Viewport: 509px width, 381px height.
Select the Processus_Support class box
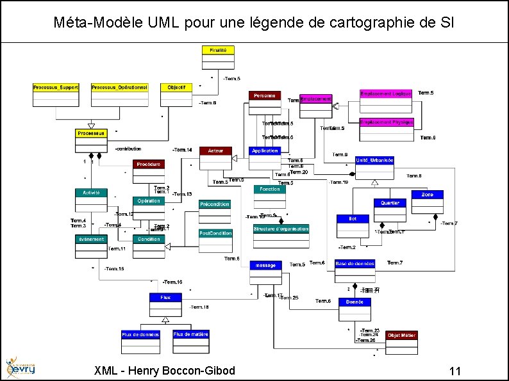tap(56, 94)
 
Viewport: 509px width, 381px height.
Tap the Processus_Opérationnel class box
tap(120, 94)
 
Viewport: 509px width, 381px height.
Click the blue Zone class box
tap(427, 202)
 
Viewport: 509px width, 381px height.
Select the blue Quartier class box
tap(390, 210)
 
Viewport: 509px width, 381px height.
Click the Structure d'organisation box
tap(281, 236)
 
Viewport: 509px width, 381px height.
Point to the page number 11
tap(456, 371)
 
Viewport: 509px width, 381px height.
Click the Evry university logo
tap(20, 368)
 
